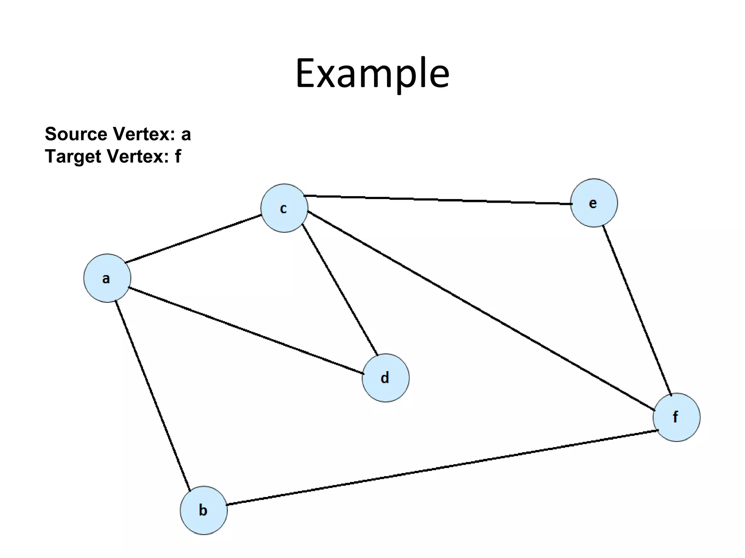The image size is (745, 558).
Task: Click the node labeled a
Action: [107, 278]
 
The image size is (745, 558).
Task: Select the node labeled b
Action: [204, 510]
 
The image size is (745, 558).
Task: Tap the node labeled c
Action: [284, 208]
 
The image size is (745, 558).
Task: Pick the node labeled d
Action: [386, 378]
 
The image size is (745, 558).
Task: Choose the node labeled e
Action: [594, 203]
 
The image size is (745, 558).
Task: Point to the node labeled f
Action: [676, 417]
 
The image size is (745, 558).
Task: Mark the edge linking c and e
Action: [437, 200]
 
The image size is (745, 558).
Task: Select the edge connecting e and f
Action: [637, 311]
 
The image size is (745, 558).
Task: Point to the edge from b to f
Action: [442, 468]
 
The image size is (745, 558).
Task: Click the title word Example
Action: [372, 73]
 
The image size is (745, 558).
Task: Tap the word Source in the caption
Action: [76, 134]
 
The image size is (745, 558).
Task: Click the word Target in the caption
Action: [73, 157]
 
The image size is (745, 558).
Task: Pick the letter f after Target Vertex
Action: [178, 157]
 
